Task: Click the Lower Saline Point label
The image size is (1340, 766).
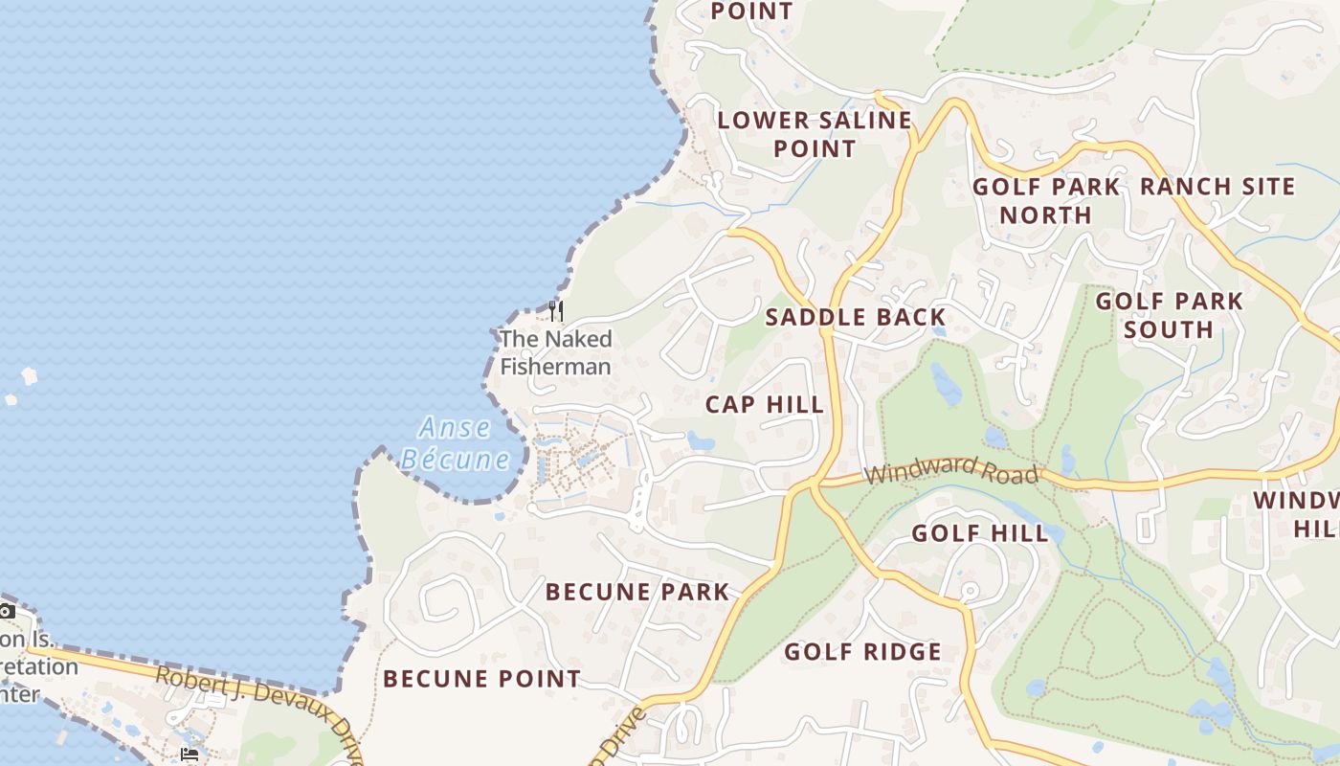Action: click(815, 134)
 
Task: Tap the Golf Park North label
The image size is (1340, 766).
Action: click(1046, 201)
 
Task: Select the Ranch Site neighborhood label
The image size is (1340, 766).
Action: click(1217, 187)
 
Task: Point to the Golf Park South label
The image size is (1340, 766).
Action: click(1169, 315)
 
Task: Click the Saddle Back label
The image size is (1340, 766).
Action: click(856, 318)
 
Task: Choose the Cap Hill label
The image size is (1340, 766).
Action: click(765, 405)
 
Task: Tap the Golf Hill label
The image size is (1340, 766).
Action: click(980, 533)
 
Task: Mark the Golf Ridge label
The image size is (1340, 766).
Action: click(863, 652)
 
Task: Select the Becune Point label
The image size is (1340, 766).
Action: click(481, 680)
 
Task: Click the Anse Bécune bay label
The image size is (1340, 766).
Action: click(455, 443)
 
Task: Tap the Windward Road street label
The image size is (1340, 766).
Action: click(950, 470)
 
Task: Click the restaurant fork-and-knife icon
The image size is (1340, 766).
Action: click(555, 311)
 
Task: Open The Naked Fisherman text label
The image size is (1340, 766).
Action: click(555, 352)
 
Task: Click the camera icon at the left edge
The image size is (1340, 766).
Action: click(6, 611)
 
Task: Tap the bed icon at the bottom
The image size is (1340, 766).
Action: click(190, 755)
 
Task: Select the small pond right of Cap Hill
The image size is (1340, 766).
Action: click(700, 441)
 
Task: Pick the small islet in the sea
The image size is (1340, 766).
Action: click(29, 376)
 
